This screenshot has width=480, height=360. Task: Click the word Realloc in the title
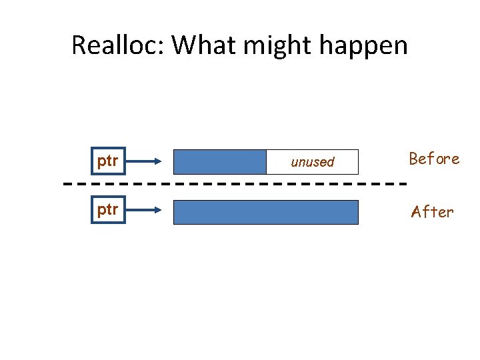tap(116, 45)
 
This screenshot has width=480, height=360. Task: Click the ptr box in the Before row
tap(108, 161)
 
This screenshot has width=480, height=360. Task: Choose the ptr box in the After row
tap(108, 209)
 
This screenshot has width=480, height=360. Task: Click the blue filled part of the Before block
tap(219, 161)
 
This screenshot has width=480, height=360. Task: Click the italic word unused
tap(312, 162)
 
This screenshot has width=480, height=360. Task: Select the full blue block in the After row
tap(265, 212)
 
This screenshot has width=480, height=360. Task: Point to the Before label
tap(434, 159)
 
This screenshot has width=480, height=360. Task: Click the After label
tap(432, 212)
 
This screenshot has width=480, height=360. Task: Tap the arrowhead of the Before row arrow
tap(158, 161)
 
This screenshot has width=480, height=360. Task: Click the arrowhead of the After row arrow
tap(158, 209)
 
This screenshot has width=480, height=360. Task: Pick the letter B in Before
tap(414, 159)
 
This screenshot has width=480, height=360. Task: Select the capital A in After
tap(417, 212)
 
